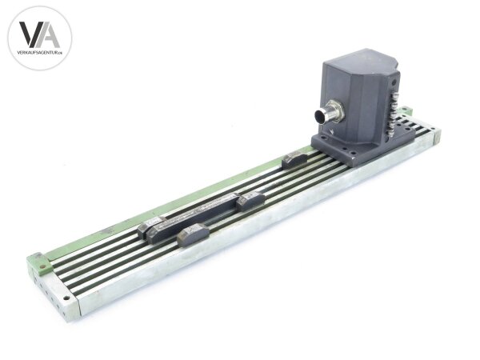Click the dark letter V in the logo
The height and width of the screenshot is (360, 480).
pyautogui.click(x=29, y=34)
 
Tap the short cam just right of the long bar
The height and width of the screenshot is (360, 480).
pyautogui.click(x=250, y=200)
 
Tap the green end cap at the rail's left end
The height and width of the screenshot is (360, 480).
pyautogui.click(x=36, y=262)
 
